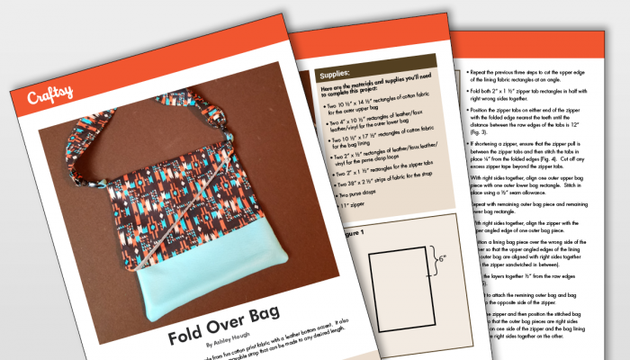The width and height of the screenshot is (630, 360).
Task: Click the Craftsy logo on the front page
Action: tap(46, 94)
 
